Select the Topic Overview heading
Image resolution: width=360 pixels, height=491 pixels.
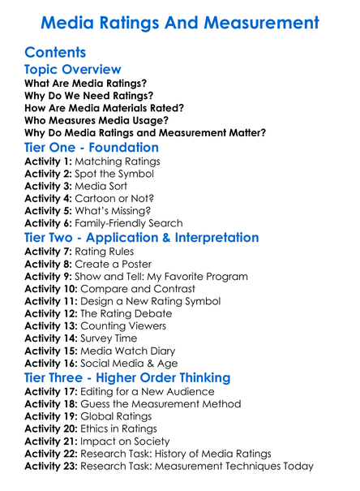coord(73,70)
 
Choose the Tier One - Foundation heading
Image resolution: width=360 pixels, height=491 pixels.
coord(92,147)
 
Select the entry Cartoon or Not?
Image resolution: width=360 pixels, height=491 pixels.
coord(120,198)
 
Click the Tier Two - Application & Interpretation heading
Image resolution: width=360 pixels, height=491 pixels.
coord(142,238)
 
